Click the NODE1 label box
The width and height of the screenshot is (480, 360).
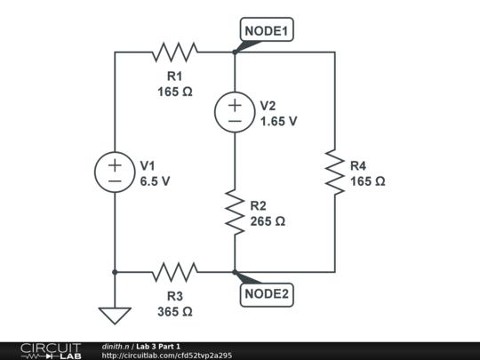(x=268, y=30)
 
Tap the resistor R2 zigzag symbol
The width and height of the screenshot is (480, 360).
(x=235, y=211)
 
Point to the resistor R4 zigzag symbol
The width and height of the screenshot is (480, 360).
(x=334, y=172)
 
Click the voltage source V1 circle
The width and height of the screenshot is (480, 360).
(x=115, y=172)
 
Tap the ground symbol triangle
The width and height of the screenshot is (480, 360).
(x=115, y=315)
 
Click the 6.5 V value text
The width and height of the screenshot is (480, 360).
(x=155, y=180)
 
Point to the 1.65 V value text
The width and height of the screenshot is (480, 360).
(x=278, y=121)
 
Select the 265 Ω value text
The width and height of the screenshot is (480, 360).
(x=268, y=221)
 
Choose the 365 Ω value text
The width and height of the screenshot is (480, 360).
(x=174, y=312)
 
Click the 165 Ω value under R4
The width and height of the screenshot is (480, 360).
(x=367, y=180)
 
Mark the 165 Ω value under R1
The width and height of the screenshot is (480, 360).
(x=174, y=91)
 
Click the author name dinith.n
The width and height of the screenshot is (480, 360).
(x=116, y=346)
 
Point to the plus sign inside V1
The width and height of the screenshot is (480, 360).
(x=115, y=164)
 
